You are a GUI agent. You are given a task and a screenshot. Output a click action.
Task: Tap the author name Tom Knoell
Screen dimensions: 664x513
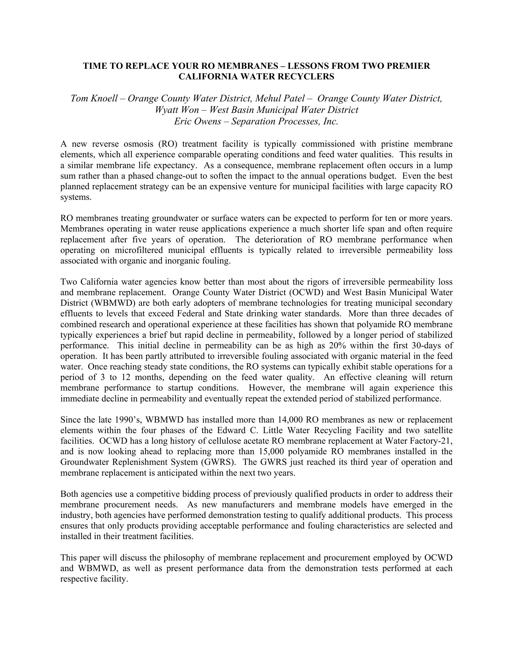[94, 98]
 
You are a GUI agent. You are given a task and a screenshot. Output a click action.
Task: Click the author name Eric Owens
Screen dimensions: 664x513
[197, 121]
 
